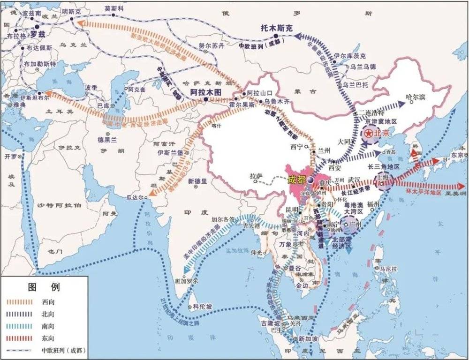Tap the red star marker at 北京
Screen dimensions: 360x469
pyautogui.click(x=369, y=134)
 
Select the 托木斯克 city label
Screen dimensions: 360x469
pyautogui.click(x=276, y=29)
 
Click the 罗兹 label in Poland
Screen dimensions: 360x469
pyautogui.click(x=38, y=34)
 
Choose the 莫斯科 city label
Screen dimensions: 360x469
pyautogui.click(x=114, y=9)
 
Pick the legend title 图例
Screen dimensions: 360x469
pyautogui.click(x=44, y=286)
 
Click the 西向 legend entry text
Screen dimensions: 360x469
pyautogui.click(x=48, y=302)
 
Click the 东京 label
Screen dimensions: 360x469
pyautogui.click(x=457, y=155)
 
